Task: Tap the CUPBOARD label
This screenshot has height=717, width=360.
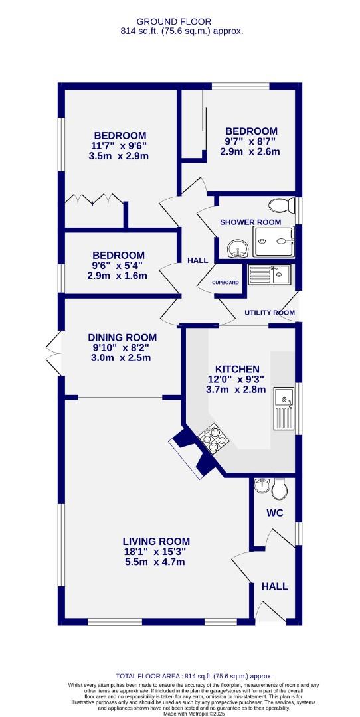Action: [x=225, y=283]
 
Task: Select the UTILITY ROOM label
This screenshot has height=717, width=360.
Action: [x=269, y=313]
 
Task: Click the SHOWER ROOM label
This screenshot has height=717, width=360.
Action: [x=250, y=222]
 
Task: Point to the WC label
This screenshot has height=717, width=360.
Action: [x=276, y=513]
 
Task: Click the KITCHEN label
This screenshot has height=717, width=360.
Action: [x=237, y=369]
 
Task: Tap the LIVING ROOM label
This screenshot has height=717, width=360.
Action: [x=156, y=542]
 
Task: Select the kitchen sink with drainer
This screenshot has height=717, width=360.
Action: [x=284, y=408]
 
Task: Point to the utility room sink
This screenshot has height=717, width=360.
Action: [x=269, y=274]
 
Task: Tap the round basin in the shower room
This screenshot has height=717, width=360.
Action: [x=238, y=249]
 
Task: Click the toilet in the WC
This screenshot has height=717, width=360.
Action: [x=280, y=490]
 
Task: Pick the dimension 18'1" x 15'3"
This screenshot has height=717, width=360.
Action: [x=156, y=552]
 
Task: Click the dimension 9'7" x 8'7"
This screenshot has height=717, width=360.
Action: [x=250, y=141]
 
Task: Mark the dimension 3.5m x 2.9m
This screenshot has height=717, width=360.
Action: [x=120, y=157]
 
